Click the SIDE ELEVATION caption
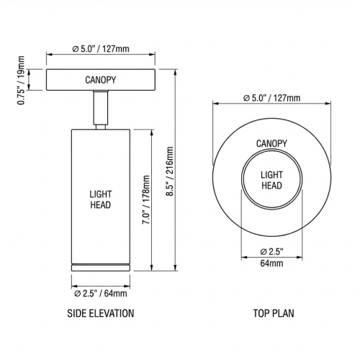100,314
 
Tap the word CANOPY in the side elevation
100,80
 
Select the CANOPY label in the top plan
271,143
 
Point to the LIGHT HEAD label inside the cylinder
100,199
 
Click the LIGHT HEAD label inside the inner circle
271,181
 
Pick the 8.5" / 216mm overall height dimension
171,169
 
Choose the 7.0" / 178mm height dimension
146,200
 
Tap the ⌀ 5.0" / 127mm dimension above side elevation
100,50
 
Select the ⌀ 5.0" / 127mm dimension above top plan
271,98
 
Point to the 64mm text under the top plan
271,263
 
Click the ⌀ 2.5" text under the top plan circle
271,251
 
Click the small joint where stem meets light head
100,125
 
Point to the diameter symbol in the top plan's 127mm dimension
246,98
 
